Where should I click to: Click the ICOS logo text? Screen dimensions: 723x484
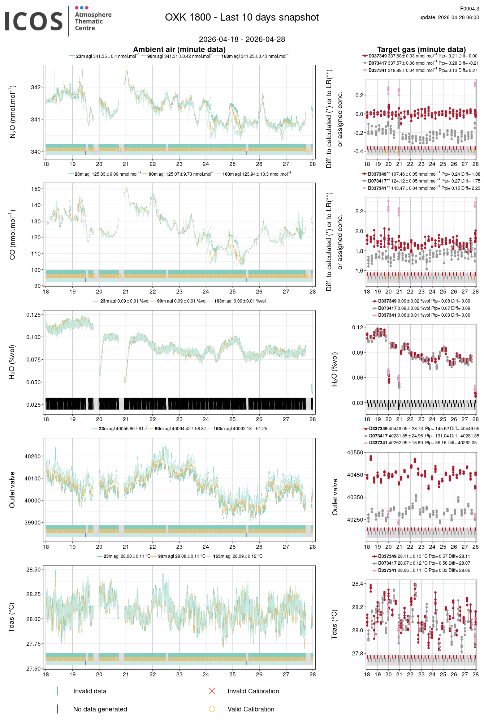(34, 21)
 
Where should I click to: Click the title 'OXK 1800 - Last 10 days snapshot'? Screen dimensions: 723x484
(242, 17)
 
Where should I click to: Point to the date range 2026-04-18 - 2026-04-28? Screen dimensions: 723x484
(242, 39)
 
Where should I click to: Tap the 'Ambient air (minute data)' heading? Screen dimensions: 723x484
(179, 50)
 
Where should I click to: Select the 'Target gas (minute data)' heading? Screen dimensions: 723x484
(421, 50)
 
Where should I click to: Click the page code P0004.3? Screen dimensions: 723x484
(469, 9)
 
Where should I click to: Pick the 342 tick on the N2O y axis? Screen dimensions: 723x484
(36, 87)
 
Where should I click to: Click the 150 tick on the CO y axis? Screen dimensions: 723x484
(36, 189)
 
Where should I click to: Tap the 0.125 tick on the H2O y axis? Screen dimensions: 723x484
(33, 315)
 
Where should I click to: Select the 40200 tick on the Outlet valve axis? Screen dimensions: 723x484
(33, 456)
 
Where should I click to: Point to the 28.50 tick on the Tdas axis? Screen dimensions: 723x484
(33, 569)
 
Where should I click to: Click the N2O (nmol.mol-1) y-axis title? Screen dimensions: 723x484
(13, 112)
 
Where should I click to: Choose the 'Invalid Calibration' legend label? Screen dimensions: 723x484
(253, 691)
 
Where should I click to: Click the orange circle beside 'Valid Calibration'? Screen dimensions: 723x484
(212, 709)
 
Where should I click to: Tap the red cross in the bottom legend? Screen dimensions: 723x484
(212, 691)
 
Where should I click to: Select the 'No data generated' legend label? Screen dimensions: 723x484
(100, 709)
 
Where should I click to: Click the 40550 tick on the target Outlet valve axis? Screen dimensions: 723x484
(355, 452)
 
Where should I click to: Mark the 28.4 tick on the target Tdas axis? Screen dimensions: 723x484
(358, 584)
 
